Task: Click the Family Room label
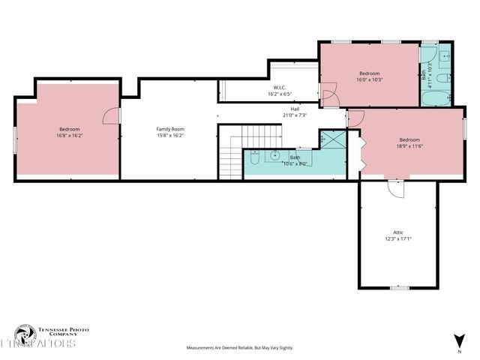click(x=170, y=129)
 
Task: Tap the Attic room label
click(x=398, y=232)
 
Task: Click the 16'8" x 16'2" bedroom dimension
click(x=69, y=136)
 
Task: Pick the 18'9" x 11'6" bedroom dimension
click(x=409, y=146)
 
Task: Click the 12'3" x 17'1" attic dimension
click(x=398, y=239)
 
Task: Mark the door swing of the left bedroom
click(x=111, y=115)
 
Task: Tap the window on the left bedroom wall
click(x=15, y=139)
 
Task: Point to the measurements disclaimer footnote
click(x=240, y=348)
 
